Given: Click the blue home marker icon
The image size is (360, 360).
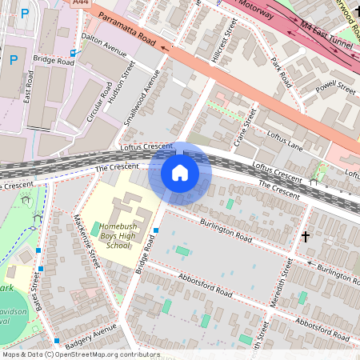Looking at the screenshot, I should [x=180, y=173].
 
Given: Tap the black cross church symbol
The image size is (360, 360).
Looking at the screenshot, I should [x=305, y=237].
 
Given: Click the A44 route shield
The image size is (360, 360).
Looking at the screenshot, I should [x=81, y=3].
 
